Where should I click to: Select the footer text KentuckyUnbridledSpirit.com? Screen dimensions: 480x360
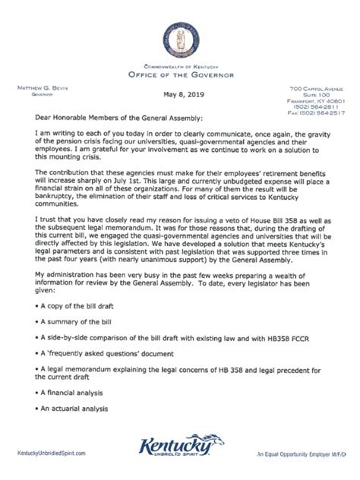pos(57,453)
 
